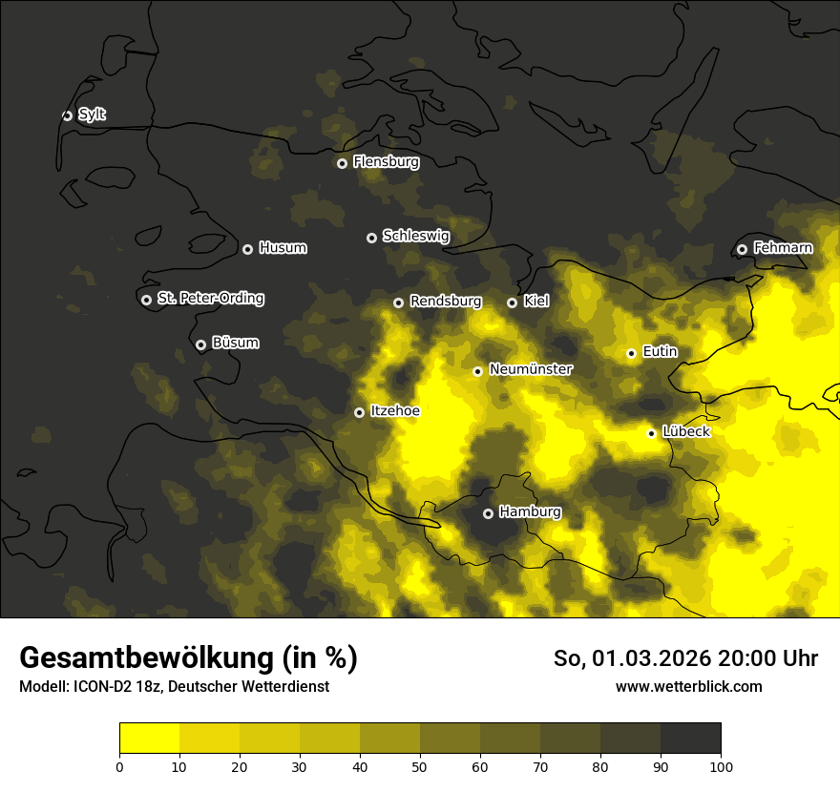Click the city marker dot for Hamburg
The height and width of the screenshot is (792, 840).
[488, 513]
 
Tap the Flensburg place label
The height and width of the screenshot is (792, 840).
[386, 162]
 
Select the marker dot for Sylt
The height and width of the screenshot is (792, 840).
[67, 115]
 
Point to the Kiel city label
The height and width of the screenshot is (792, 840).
[536, 302]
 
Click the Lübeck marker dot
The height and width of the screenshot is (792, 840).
[651, 433]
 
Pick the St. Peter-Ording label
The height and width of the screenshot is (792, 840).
[210, 299]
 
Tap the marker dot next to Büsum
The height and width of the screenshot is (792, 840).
[200, 344]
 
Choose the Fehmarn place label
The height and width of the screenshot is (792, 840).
[783, 248]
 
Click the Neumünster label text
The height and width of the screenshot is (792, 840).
[531, 369]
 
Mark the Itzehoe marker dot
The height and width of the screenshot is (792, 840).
[359, 412]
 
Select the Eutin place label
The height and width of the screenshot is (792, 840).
[660, 352]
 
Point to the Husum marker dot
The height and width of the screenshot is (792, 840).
[247, 249]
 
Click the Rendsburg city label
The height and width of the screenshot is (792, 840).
[446, 302]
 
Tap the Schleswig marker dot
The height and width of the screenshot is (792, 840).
[371, 238]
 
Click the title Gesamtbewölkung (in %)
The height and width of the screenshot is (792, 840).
[188, 658]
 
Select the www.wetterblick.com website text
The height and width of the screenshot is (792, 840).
[688, 686]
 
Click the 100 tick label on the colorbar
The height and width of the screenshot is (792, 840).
[721, 766]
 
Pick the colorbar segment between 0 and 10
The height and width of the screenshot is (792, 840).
[149, 739]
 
